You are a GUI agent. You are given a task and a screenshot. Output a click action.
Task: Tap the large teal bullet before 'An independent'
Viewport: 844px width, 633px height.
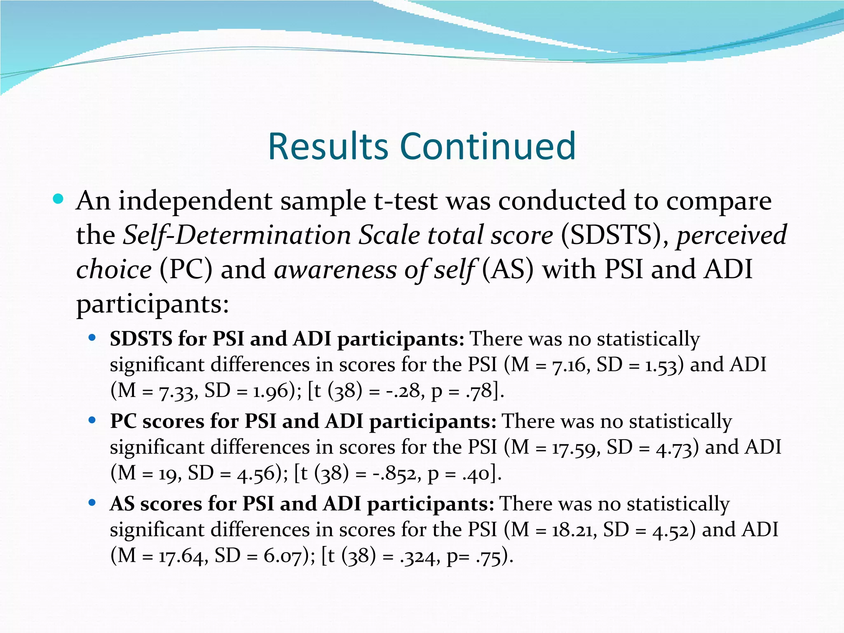(58, 199)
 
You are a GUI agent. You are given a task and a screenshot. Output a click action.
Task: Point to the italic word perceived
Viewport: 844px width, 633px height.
(731, 235)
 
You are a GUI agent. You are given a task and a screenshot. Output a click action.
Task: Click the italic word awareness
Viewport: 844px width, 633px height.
(335, 270)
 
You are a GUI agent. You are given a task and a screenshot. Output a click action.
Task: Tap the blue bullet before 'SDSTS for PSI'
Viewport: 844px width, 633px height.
(92, 338)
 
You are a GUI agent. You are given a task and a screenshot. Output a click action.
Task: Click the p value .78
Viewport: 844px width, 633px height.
(479, 391)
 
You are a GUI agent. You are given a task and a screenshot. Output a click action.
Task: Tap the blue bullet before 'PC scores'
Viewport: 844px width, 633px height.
(92, 421)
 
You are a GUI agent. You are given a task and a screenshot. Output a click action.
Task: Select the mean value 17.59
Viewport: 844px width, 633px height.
(575, 448)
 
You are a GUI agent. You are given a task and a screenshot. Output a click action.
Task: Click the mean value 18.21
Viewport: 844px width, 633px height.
(574, 530)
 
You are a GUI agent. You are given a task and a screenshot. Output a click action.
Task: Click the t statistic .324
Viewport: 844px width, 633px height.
(417, 556)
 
